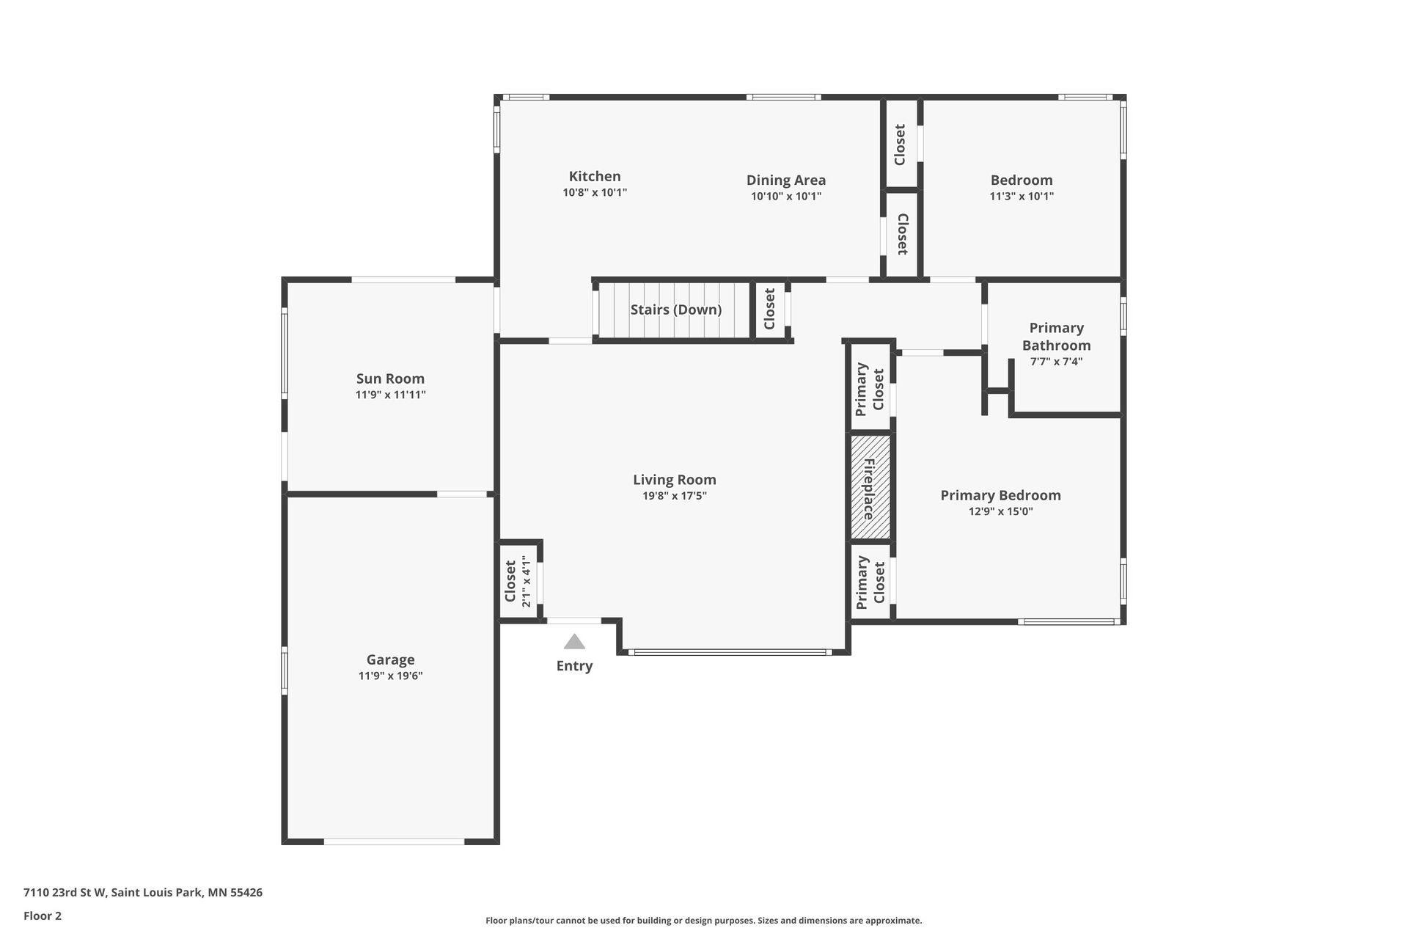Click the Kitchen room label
595,176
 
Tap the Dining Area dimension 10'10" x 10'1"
786,197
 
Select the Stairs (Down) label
676,310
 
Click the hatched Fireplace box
870,487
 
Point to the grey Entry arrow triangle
574,642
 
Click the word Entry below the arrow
574,666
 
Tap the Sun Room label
390,379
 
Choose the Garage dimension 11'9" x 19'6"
391,676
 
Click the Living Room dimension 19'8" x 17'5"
675,496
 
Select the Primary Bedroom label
1001,495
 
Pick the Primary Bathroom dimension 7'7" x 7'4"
1057,362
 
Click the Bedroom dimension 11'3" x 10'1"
1022,197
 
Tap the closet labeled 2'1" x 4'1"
519,581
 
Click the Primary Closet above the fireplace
870,388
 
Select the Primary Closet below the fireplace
870,582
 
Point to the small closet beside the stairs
770,309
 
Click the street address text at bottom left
143,893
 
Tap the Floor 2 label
43,916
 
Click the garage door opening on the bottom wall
395,841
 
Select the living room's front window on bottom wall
730,652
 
